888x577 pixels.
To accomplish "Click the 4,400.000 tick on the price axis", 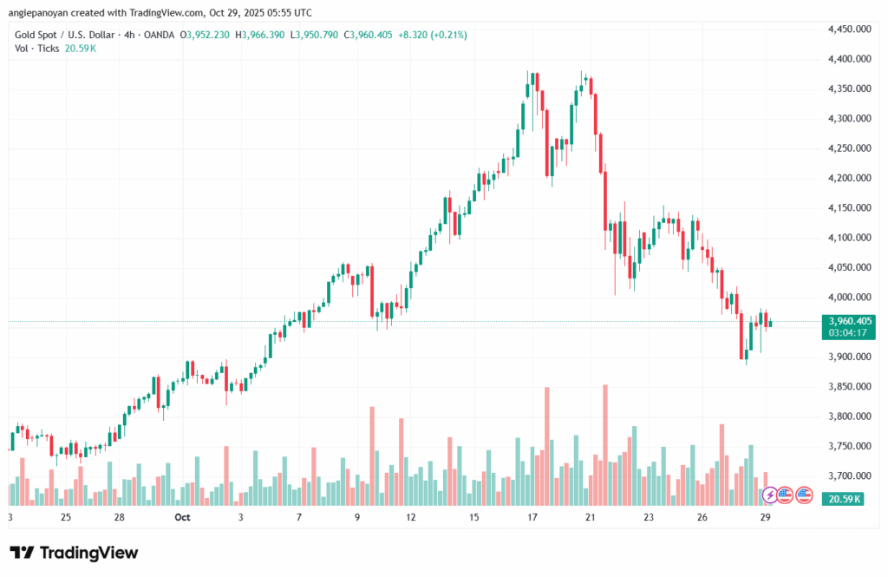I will [850, 59].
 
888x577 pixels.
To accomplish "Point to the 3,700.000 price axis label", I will [850, 476].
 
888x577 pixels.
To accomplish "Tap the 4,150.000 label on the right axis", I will [850, 208].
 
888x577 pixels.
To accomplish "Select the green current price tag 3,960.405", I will [850, 320].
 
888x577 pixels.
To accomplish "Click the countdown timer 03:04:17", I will [850, 331].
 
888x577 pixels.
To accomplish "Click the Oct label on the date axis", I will [181, 517].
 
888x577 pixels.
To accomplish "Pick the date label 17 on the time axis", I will [532, 517].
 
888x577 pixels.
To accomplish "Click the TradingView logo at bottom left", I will [74, 553].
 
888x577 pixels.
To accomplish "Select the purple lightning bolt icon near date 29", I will [769, 495].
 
